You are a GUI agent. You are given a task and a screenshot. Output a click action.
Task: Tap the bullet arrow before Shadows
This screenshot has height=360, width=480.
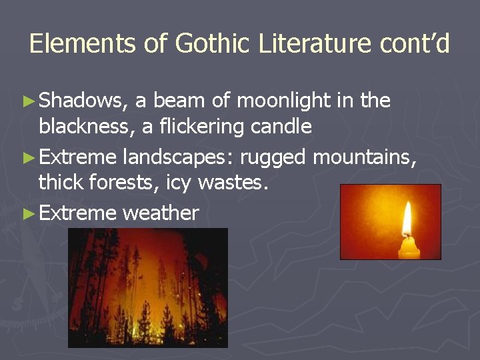[27, 101]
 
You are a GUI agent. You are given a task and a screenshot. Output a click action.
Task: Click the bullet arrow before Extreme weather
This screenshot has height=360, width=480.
[27, 214]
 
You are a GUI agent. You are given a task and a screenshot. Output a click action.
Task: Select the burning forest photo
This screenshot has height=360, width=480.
[147, 287]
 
